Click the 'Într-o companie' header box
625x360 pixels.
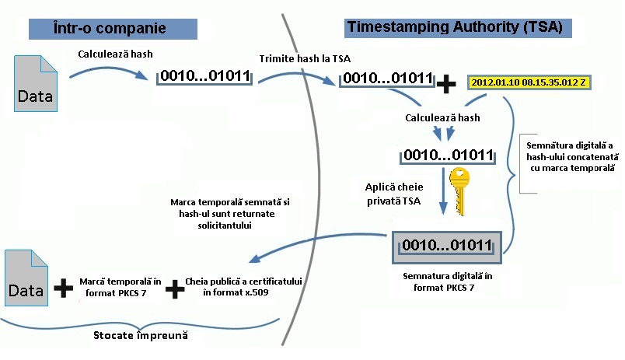(110, 29)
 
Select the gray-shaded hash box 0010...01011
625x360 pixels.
(447, 247)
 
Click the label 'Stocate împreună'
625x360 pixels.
(140, 335)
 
